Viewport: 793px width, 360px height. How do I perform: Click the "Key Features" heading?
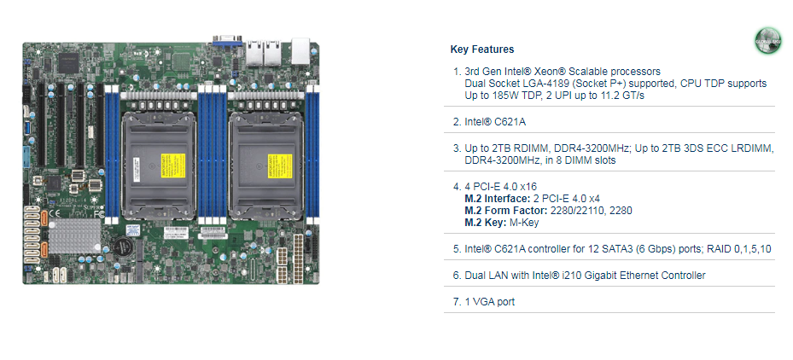481,49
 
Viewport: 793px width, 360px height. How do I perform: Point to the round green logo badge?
767,41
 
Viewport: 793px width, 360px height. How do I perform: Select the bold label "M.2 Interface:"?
499,198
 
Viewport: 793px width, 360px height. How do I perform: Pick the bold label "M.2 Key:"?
487,222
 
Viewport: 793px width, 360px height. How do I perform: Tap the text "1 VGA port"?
490,301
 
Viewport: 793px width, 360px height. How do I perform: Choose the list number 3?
457,148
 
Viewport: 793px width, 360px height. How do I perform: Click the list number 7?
457,301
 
